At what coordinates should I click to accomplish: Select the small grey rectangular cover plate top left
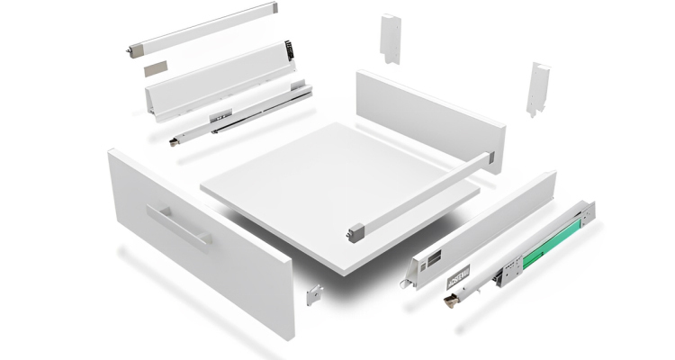point(156,67)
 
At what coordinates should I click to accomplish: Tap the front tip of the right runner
point(446,300)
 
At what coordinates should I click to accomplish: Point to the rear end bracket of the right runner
point(586,212)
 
